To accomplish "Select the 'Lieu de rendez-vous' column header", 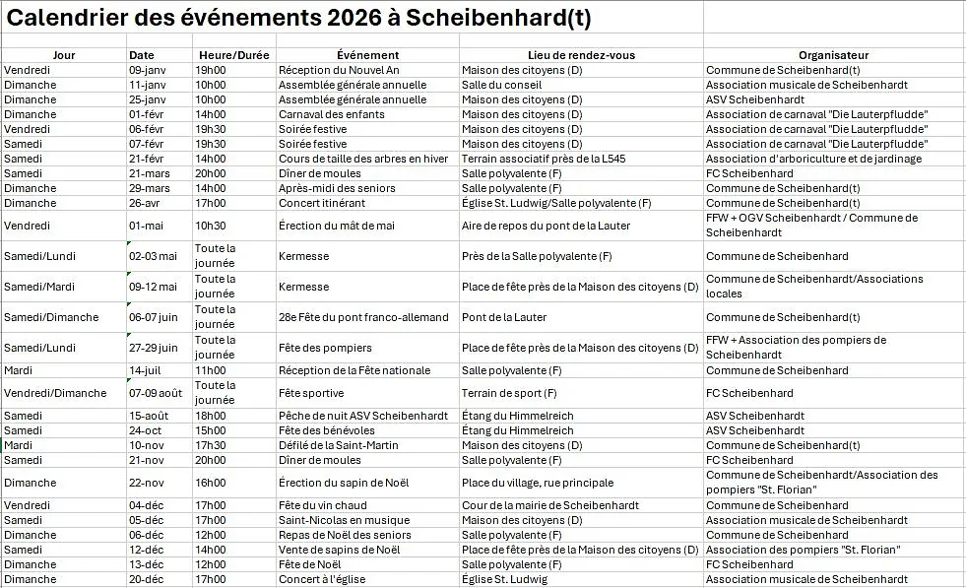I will click(x=581, y=55).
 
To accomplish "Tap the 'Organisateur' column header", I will click(x=833, y=55).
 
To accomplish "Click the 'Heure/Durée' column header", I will click(x=233, y=55).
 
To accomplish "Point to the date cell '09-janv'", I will click(x=148, y=70).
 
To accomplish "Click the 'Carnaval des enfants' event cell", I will click(x=332, y=114).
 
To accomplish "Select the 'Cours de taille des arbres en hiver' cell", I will click(x=363, y=159).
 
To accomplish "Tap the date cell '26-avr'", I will click(x=145, y=203).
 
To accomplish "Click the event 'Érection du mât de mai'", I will click(x=336, y=226).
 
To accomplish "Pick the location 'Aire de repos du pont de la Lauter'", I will click(x=546, y=226).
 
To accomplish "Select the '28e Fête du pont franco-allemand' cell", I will click(x=363, y=317).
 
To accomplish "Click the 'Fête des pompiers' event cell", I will click(x=325, y=348).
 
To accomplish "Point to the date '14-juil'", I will click(x=144, y=370).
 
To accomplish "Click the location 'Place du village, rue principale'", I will click(x=538, y=483).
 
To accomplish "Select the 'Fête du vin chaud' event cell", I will click(x=322, y=505).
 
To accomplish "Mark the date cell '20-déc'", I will click(x=146, y=579).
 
